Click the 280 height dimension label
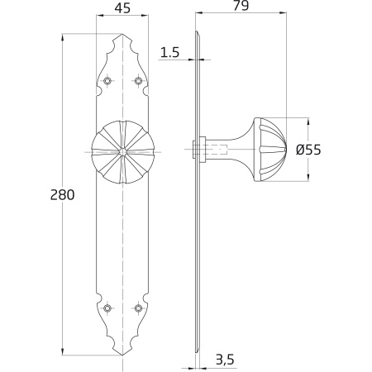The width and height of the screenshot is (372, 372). [x=62, y=195]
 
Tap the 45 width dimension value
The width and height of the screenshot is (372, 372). [x=122, y=8]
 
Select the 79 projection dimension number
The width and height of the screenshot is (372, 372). [x=241, y=6]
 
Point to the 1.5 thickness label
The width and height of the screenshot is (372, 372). [x=169, y=52]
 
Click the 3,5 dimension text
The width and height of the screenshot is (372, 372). [x=225, y=360]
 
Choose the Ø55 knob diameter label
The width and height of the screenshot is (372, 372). [x=308, y=150]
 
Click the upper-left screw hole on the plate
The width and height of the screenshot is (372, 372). [x=107, y=81]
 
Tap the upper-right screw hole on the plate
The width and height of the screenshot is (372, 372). [x=138, y=81]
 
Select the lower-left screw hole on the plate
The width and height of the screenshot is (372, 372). [x=107, y=308]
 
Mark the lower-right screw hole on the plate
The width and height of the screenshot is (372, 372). [x=138, y=308]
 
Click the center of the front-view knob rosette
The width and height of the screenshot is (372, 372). [x=122, y=152]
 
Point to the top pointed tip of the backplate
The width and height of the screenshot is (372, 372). [x=122, y=34]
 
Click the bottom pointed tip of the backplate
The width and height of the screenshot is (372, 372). [x=122, y=355]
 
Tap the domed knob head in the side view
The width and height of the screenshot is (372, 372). [x=270, y=150]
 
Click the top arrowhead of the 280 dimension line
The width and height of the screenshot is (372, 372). [x=62, y=37]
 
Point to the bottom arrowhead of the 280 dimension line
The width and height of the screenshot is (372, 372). [x=62, y=352]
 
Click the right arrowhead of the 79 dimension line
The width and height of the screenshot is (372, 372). [x=283, y=12]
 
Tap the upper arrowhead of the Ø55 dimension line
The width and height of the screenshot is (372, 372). [x=308, y=122]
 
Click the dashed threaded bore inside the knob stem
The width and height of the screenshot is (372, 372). [x=217, y=150]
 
